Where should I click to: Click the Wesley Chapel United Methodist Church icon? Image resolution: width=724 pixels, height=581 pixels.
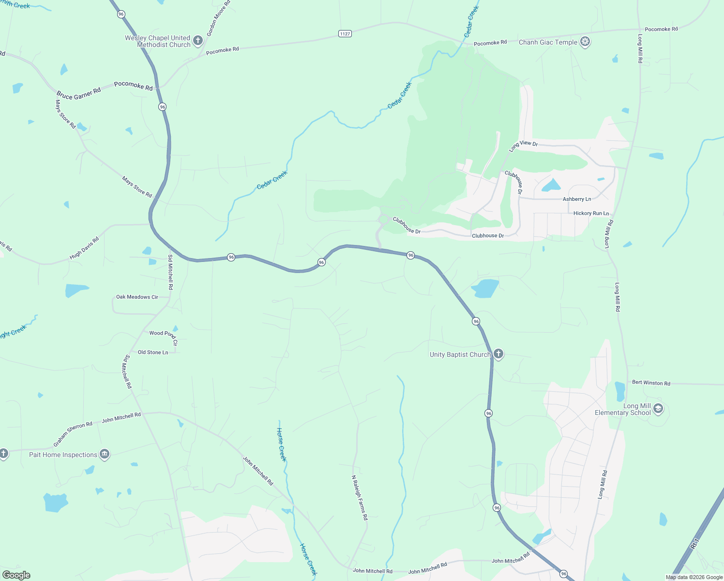[x=197, y=41]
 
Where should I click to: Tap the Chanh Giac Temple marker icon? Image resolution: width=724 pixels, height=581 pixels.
[x=585, y=42]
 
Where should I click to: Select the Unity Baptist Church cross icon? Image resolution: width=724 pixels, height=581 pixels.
[x=498, y=354]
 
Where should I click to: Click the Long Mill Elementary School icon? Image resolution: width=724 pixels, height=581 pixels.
[x=658, y=409]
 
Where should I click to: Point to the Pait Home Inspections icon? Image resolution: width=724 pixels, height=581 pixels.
[x=104, y=454]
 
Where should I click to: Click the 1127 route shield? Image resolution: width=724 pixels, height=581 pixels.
[x=345, y=33]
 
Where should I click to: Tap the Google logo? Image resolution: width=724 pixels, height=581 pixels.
[x=16, y=575]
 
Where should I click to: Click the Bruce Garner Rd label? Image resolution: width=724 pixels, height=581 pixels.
[x=78, y=93]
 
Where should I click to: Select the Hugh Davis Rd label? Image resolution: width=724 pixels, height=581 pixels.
[x=84, y=248]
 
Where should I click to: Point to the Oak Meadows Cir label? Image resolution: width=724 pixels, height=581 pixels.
[x=137, y=297]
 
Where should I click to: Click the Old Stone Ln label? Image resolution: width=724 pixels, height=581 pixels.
[x=153, y=352]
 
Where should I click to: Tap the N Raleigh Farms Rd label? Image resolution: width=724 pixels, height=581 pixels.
[x=359, y=497]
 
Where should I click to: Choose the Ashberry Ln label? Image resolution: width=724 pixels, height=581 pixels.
[x=576, y=199]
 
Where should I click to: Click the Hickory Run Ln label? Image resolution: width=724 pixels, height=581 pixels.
[x=591, y=213]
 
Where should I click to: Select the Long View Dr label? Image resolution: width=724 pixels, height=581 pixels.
[x=523, y=146]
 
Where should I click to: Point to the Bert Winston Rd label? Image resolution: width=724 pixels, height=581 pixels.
[x=651, y=382]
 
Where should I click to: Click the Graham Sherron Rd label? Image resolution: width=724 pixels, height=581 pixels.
[x=73, y=434]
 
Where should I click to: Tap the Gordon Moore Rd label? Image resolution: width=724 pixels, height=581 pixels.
[x=219, y=18]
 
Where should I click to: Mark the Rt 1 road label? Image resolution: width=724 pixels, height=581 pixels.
[x=695, y=544]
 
